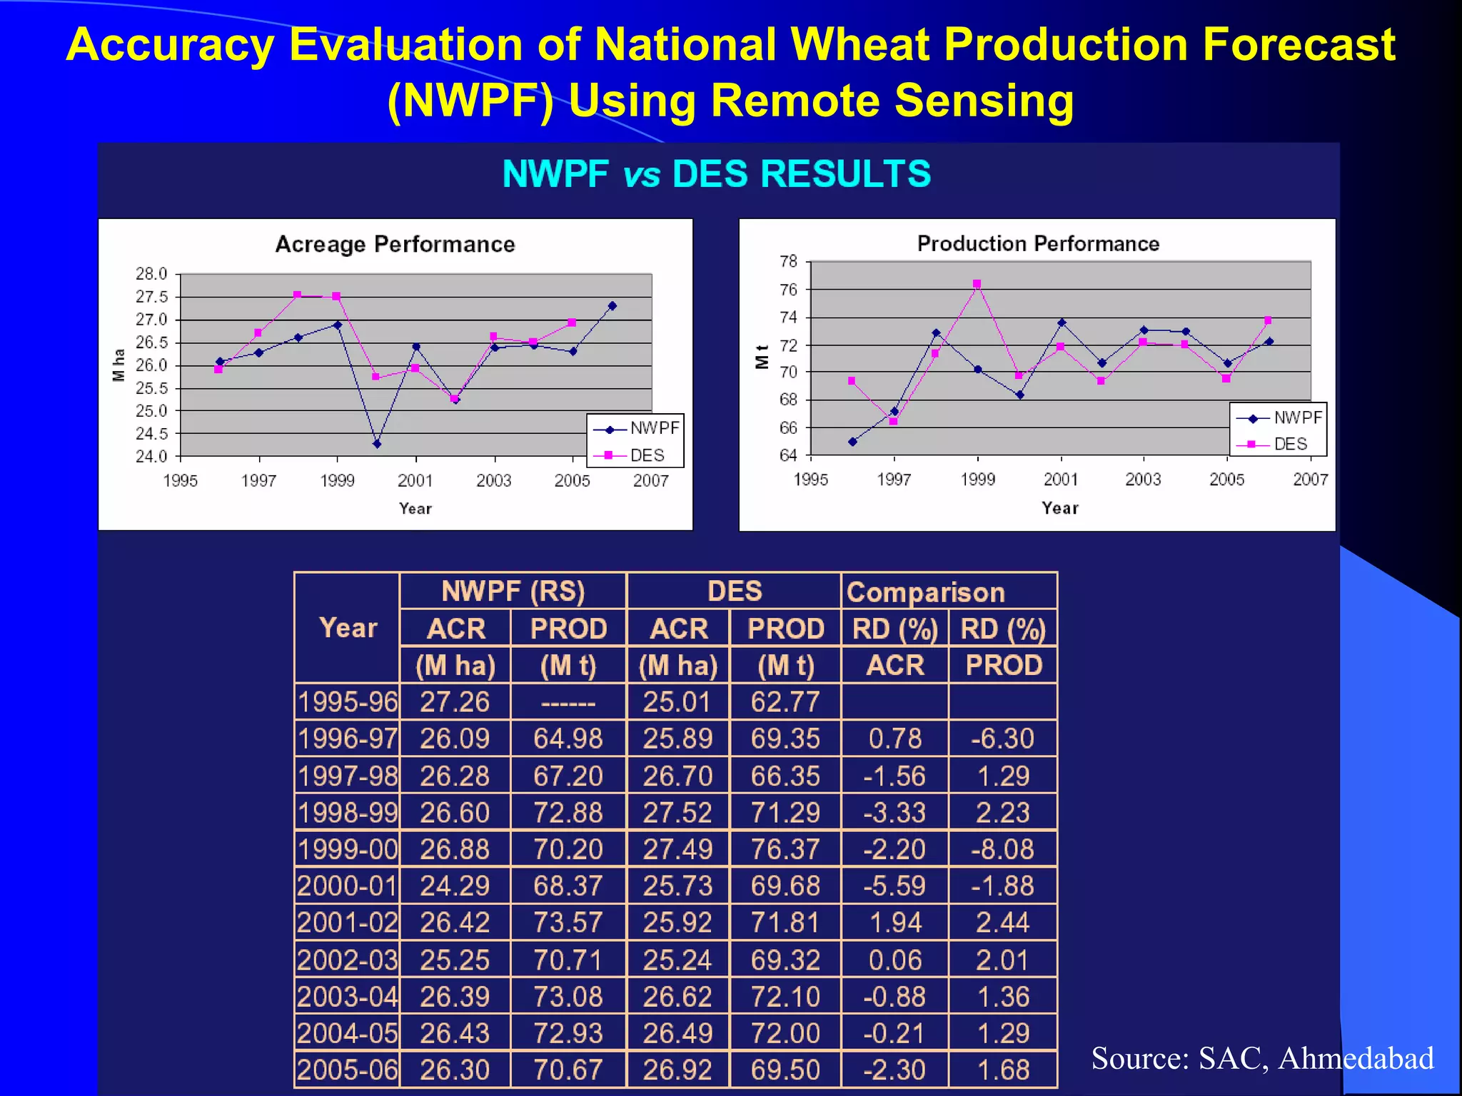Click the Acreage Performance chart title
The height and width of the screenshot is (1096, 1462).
point(395,245)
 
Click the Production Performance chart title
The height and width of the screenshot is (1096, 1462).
point(1037,244)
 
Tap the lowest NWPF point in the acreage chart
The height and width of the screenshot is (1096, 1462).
point(377,444)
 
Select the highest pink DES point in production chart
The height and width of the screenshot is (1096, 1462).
point(977,284)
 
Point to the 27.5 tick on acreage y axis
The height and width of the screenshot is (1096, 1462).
point(151,297)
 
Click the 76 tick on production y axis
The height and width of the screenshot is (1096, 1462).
point(788,290)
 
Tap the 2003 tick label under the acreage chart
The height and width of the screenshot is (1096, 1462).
point(494,481)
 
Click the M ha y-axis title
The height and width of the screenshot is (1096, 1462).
point(119,365)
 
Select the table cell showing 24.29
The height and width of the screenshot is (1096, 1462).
point(455,886)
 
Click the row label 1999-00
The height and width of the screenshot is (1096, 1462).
point(348,849)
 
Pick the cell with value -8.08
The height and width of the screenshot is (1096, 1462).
point(1002,849)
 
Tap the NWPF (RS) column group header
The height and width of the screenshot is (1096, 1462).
point(513,592)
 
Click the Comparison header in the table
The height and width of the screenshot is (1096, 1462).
point(925,592)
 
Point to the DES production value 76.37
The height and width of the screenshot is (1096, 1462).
point(785,849)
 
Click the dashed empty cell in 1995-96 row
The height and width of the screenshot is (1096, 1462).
point(568,703)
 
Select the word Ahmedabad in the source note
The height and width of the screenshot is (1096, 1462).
point(1356,1058)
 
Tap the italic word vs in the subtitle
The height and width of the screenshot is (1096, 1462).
point(641,175)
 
